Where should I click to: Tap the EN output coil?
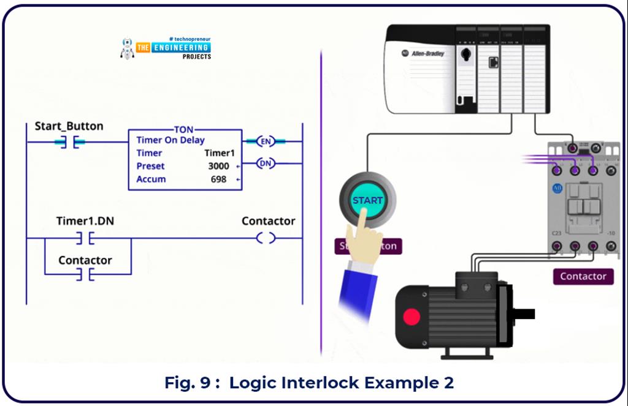(x=265, y=141)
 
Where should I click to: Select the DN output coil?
(x=265, y=164)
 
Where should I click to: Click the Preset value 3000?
(x=218, y=166)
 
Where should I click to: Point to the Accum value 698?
(x=218, y=179)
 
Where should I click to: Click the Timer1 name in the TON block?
(x=220, y=153)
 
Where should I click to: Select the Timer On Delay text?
(x=170, y=140)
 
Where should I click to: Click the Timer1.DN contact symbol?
(x=85, y=238)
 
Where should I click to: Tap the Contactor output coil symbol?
(x=266, y=238)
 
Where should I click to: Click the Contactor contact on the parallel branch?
(x=85, y=275)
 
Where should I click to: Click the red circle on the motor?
(x=412, y=317)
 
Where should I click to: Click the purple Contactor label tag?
(x=583, y=276)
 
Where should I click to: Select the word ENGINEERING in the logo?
(x=181, y=47)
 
